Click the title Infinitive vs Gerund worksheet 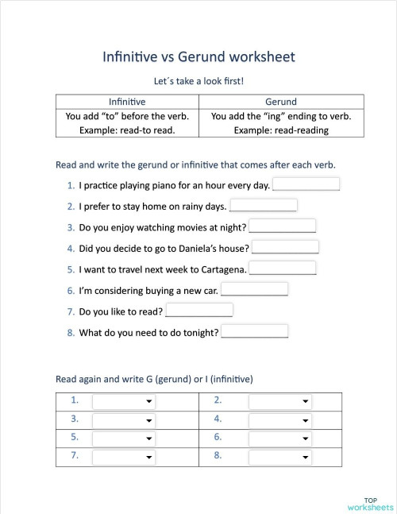198,57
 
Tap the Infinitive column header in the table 126,102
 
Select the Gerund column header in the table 280,102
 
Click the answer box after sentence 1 306,184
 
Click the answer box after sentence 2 263,205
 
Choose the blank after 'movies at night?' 282,226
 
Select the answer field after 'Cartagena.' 282,268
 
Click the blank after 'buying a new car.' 254,289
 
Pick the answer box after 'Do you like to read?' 198,310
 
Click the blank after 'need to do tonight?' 254,331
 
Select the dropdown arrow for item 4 306,420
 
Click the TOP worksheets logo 370,502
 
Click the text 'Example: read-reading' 280,129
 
